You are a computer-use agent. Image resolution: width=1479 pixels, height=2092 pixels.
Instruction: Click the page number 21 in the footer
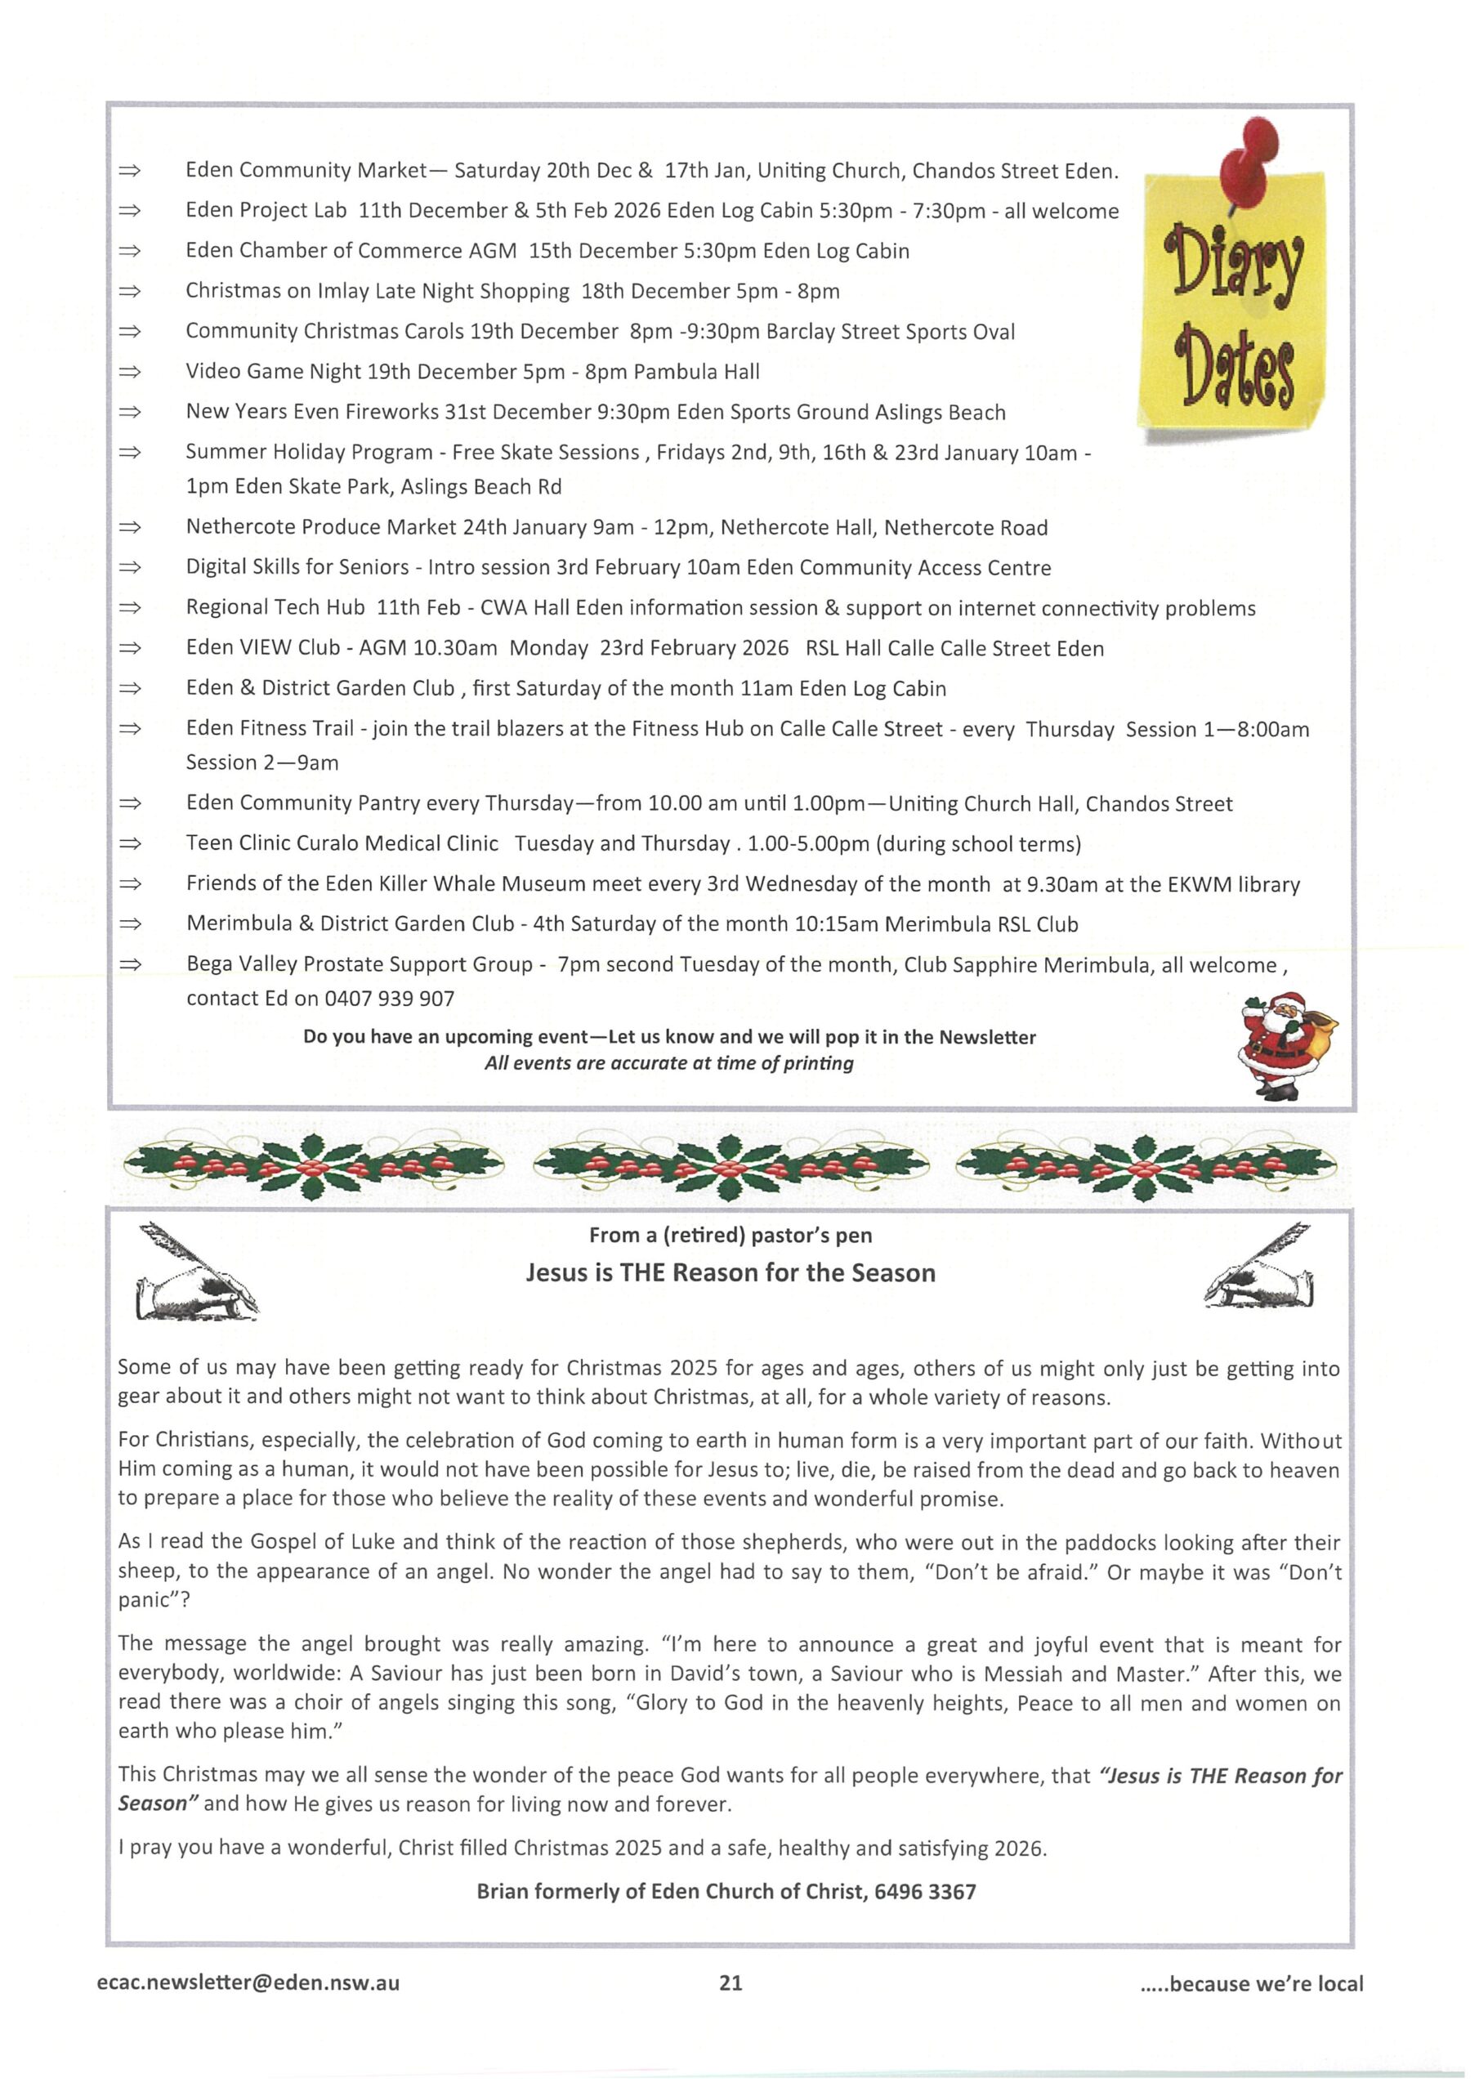[730, 1982]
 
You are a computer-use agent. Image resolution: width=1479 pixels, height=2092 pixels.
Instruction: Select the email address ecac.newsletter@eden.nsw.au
[248, 1982]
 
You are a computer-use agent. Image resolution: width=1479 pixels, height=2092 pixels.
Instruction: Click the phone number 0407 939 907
[389, 999]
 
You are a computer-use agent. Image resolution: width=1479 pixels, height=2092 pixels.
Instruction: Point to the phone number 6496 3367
[924, 1892]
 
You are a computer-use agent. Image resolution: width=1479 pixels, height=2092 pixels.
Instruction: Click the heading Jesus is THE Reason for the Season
[730, 1273]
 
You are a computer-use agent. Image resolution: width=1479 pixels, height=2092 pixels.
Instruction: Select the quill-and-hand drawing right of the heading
[1258, 1268]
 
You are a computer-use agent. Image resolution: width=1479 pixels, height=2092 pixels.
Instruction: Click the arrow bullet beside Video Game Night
[130, 372]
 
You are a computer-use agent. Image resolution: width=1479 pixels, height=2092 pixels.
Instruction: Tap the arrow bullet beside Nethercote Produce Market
[130, 528]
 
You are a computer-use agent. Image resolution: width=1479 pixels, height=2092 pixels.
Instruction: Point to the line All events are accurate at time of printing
[669, 1063]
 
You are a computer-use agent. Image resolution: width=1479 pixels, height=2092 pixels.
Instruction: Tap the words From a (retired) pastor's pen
[730, 1236]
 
